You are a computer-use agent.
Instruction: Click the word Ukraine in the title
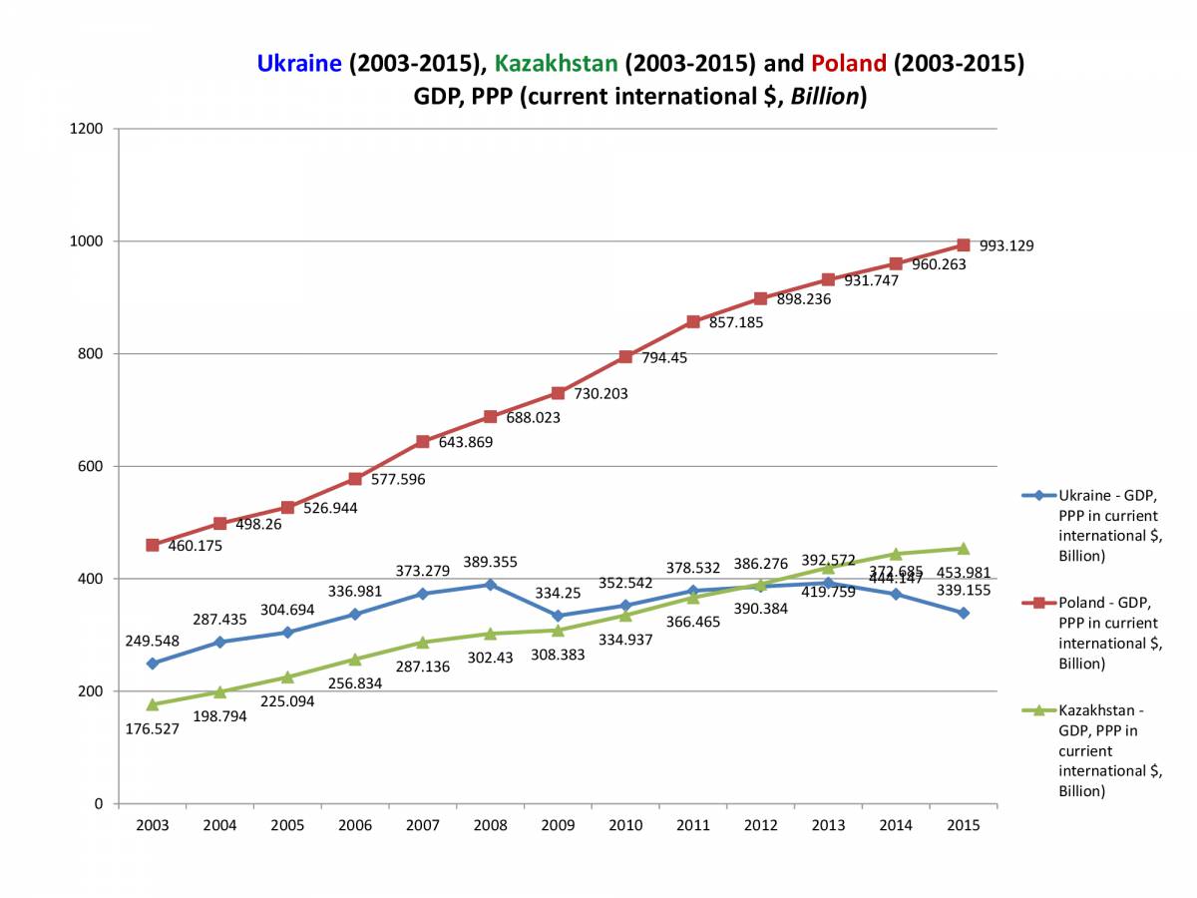(x=299, y=64)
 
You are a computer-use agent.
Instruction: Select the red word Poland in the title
(x=849, y=64)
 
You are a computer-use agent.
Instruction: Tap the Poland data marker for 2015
(x=964, y=244)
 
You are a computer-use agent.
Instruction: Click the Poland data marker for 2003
(x=153, y=545)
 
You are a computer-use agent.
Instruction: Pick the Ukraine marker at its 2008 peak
(x=490, y=585)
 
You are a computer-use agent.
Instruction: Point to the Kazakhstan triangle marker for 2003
(x=153, y=704)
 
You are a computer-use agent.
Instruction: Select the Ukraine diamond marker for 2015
(x=964, y=613)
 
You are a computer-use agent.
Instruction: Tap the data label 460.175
(x=195, y=547)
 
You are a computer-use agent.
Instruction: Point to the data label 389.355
(x=490, y=563)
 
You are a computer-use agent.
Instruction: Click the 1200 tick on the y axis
(x=88, y=129)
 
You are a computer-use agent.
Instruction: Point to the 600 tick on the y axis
(x=92, y=466)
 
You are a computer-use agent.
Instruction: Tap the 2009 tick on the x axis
(x=558, y=825)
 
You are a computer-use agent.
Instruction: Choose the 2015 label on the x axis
(x=964, y=825)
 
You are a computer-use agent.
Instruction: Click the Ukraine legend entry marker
(x=1038, y=495)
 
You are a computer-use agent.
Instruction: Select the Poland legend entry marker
(x=1038, y=603)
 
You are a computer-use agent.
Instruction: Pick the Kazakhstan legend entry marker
(x=1038, y=710)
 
